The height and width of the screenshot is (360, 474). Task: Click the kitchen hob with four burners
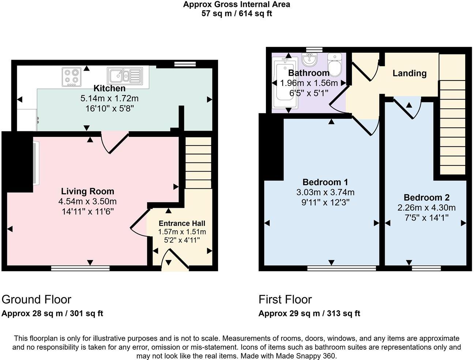click(72, 77)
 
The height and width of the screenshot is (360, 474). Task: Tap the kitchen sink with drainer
click(125, 76)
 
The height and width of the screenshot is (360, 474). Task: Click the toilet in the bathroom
click(334, 65)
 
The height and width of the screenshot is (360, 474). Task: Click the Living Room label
click(87, 191)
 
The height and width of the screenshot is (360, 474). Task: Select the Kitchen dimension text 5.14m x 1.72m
click(109, 98)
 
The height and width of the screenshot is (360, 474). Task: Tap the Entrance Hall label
click(182, 224)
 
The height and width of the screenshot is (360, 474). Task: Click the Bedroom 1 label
click(325, 182)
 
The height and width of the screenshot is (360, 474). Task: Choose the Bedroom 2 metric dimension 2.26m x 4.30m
click(426, 208)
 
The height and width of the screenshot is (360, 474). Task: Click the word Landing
click(409, 73)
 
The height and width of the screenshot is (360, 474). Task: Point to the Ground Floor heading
click(36, 299)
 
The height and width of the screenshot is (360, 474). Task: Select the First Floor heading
click(285, 299)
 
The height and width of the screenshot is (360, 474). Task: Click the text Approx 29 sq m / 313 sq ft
click(309, 314)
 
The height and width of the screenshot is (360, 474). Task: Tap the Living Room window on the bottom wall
click(80, 269)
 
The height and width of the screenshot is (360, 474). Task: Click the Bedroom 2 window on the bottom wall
click(426, 269)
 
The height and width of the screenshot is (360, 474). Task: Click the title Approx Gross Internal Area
click(237, 5)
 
